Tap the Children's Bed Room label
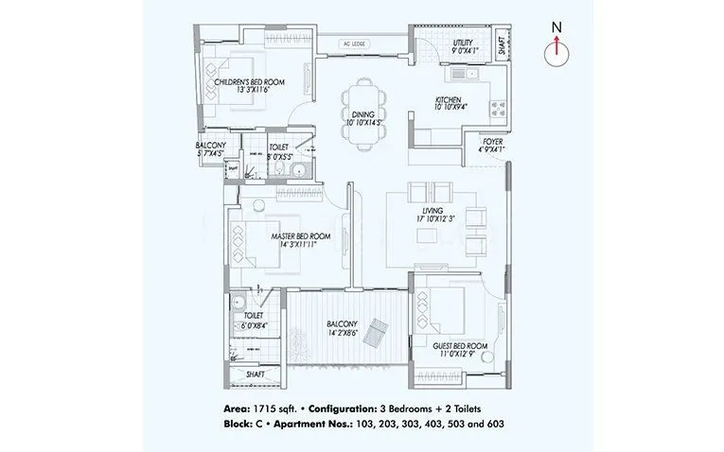(x=249, y=87)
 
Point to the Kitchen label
(x=448, y=103)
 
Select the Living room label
(x=434, y=215)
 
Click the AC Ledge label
(x=356, y=44)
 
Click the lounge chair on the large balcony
(x=376, y=329)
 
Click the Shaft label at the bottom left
(x=256, y=374)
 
